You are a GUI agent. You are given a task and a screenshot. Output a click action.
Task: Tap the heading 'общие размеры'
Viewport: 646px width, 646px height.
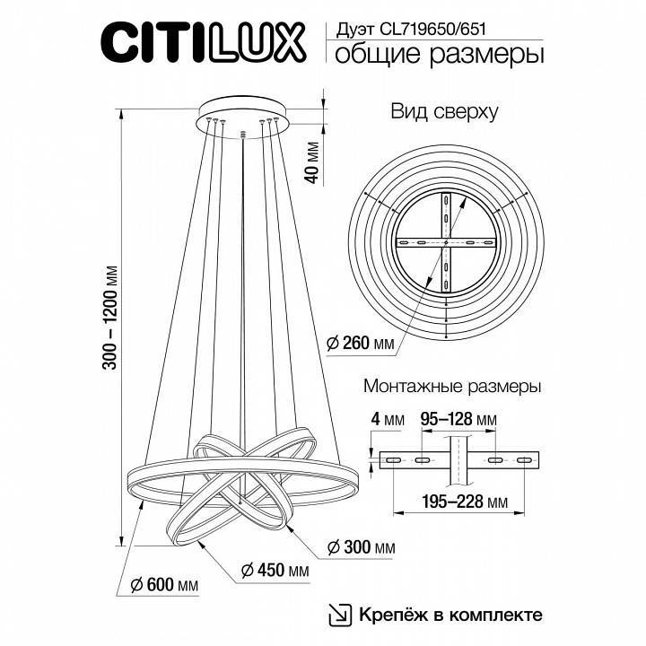pos(440,56)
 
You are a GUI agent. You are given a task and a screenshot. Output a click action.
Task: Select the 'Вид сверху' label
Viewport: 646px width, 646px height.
pos(444,112)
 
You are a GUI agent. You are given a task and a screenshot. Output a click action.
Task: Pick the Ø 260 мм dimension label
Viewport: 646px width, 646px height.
pos(361,343)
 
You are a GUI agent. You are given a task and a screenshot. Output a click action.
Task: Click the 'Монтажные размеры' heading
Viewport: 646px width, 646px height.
pos(451,388)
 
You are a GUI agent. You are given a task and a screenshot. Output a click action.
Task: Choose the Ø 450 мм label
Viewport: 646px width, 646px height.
pos(276,571)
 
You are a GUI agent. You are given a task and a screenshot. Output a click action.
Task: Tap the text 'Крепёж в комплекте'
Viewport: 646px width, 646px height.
pos(451,615)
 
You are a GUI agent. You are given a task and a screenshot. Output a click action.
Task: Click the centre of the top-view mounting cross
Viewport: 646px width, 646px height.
pos(446,244)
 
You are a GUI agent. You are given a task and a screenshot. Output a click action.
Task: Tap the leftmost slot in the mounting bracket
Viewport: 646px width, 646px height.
pos(393,459)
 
